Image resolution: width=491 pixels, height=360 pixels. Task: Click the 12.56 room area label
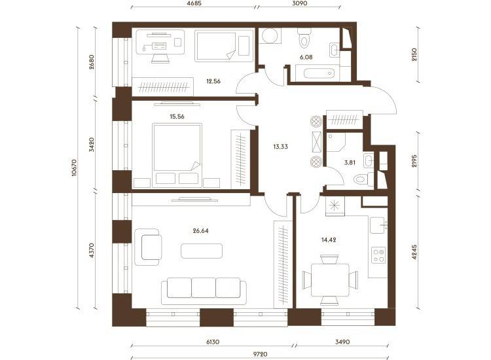click(213, 81)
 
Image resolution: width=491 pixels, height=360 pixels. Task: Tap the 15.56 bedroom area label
click(177, 117)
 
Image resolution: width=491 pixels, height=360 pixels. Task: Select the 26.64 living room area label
click(201, 231)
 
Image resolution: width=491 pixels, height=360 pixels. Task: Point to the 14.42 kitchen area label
click(329, 240)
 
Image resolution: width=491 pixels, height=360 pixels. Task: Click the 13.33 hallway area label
click(281, 147)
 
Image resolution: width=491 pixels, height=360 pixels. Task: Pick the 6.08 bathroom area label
click(306, 58)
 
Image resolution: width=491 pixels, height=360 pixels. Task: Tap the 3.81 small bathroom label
click(350, 163)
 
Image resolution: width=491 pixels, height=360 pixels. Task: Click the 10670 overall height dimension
click(74, 168)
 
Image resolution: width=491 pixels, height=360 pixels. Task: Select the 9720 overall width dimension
click(260, 354)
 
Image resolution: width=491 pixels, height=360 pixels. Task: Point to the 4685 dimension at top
click(193, 3)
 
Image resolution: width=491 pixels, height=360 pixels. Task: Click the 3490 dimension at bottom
click(342, 342)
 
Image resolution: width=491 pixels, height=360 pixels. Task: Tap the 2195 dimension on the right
click(414, 160)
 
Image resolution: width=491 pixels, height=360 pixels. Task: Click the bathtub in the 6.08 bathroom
click(319, 73)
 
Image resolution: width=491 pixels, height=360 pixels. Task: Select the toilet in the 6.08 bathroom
click(304, 37)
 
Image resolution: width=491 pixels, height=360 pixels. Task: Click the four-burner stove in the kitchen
click(378, 255)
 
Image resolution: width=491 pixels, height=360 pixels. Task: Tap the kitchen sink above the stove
click(378, 225)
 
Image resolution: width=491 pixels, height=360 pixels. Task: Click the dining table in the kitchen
click(330, 280)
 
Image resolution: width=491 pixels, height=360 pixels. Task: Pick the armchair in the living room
click(149, 247)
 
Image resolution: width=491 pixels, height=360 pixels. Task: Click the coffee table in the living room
click(202, 251)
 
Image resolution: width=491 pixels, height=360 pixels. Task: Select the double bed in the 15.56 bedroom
click(177, 156)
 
